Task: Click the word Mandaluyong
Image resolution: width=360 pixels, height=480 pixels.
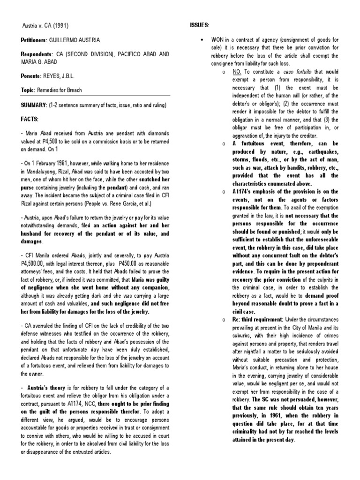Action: [x=40, y=172]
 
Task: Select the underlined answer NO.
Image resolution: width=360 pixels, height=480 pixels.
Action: [x=237, y=71]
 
